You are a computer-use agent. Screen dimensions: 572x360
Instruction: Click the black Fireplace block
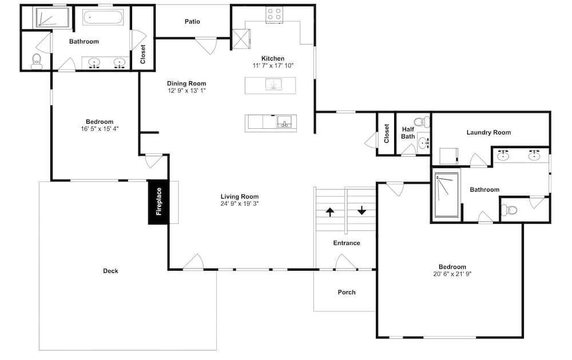[158, 202]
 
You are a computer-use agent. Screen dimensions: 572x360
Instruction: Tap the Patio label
[192, 22]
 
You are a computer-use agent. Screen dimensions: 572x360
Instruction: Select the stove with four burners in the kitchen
[274, 14]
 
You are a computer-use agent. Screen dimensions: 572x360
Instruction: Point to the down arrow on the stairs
[362, 210]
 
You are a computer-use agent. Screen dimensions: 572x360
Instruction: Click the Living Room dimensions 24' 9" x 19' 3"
[240, 204]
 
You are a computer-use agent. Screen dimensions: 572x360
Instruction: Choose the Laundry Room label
[488, 133]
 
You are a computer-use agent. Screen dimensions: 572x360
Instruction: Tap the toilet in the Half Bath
[423, 121]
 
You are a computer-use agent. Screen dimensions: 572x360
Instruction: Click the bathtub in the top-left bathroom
[102, 17]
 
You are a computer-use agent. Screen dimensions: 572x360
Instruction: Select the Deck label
[110, 271]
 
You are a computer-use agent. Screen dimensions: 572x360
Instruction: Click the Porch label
[347, 292]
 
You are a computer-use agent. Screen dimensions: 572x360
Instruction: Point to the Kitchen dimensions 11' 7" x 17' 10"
[273, 66]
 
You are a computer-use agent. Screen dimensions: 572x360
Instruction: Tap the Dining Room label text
[186, 84]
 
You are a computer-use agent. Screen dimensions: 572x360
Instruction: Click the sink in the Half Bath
[423, 143]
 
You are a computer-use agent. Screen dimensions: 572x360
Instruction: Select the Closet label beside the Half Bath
[387, 133]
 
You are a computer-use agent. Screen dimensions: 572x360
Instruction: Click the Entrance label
[347, 243]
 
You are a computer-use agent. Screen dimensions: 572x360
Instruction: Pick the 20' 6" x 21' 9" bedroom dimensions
[452, 274]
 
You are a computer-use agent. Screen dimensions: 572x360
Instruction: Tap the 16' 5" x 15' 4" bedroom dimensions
[100, 129]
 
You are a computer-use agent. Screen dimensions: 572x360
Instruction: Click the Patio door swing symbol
[206, 46]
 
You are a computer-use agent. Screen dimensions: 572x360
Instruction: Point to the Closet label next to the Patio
[142, 54]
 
